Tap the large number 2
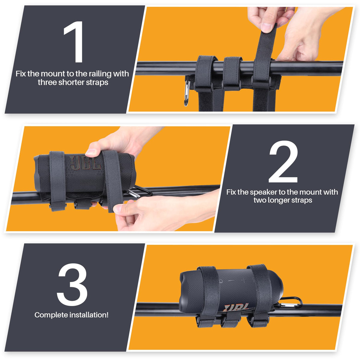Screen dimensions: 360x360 pos(283,162)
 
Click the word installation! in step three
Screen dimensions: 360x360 pos(89,315)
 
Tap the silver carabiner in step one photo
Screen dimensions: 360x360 pos(187,93)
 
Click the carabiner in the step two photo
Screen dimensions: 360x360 pos(139,192)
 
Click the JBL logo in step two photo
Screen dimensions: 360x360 pos(85,163)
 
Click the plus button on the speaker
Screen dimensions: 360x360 pos(243,280)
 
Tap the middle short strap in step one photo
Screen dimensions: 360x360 pos(232,74)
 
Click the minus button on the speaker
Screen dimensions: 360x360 pos(232,280)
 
